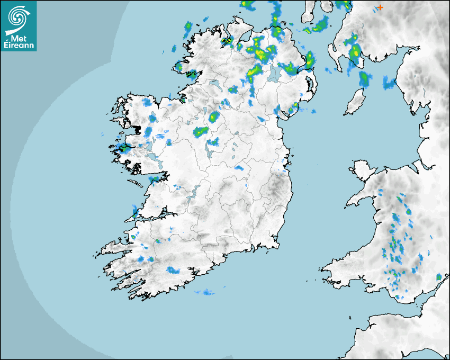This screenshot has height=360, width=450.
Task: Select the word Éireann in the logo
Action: click(19, 46)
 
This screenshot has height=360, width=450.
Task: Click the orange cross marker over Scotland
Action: click(380, 7)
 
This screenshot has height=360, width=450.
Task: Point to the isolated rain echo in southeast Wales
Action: click(438, 277)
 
